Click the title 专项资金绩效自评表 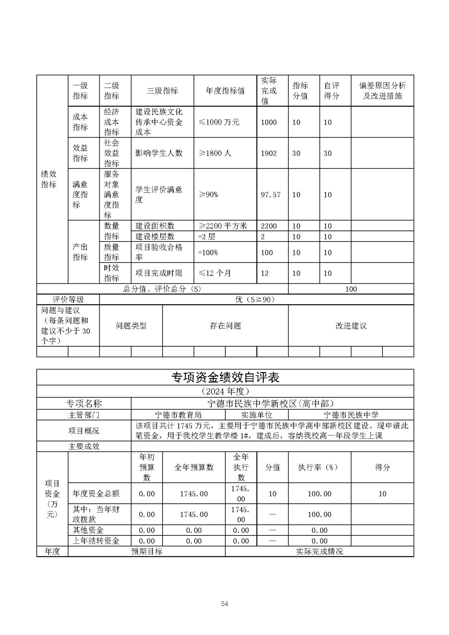click(x=225, y=377)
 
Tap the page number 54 click(x=224, y=604)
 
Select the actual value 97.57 click(x=270, y=195)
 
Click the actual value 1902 click(x=268, y=153)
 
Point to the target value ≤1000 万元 click(x=219, y=122)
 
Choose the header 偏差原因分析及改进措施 click(x=382, y=91)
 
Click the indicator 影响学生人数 click(x=159, y=153)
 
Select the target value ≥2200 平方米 click(x=223, y=226)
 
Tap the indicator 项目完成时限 click(x=159, y=273)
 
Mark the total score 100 click(x=351, y=289)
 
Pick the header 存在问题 click(x=225, y=326)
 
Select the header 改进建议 click(x=351, y=326)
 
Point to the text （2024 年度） click(x=225, y=391)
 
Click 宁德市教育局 click(x=178, y=415)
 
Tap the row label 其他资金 click(x=88, y=530)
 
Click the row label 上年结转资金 click(x=96, y=541)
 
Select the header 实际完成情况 click(x=319, y=551)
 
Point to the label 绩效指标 click(x=49, y=179)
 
